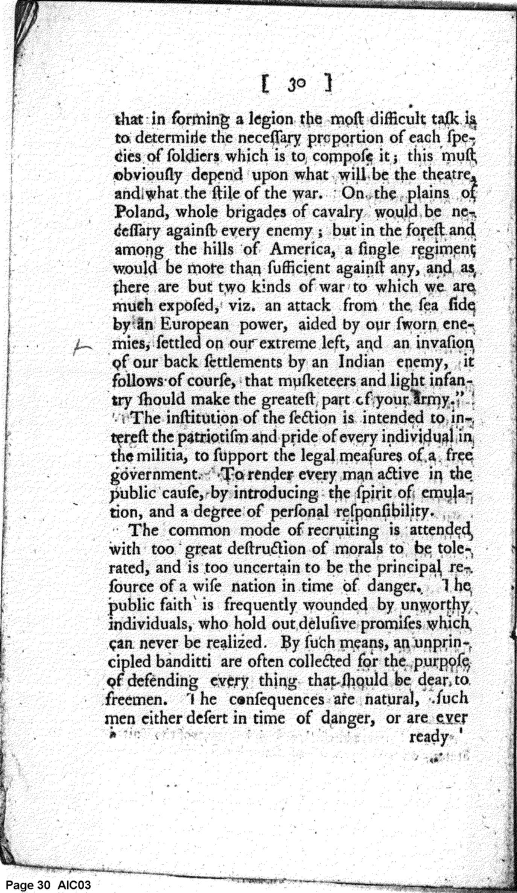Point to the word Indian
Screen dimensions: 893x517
[x=361, y=362]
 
